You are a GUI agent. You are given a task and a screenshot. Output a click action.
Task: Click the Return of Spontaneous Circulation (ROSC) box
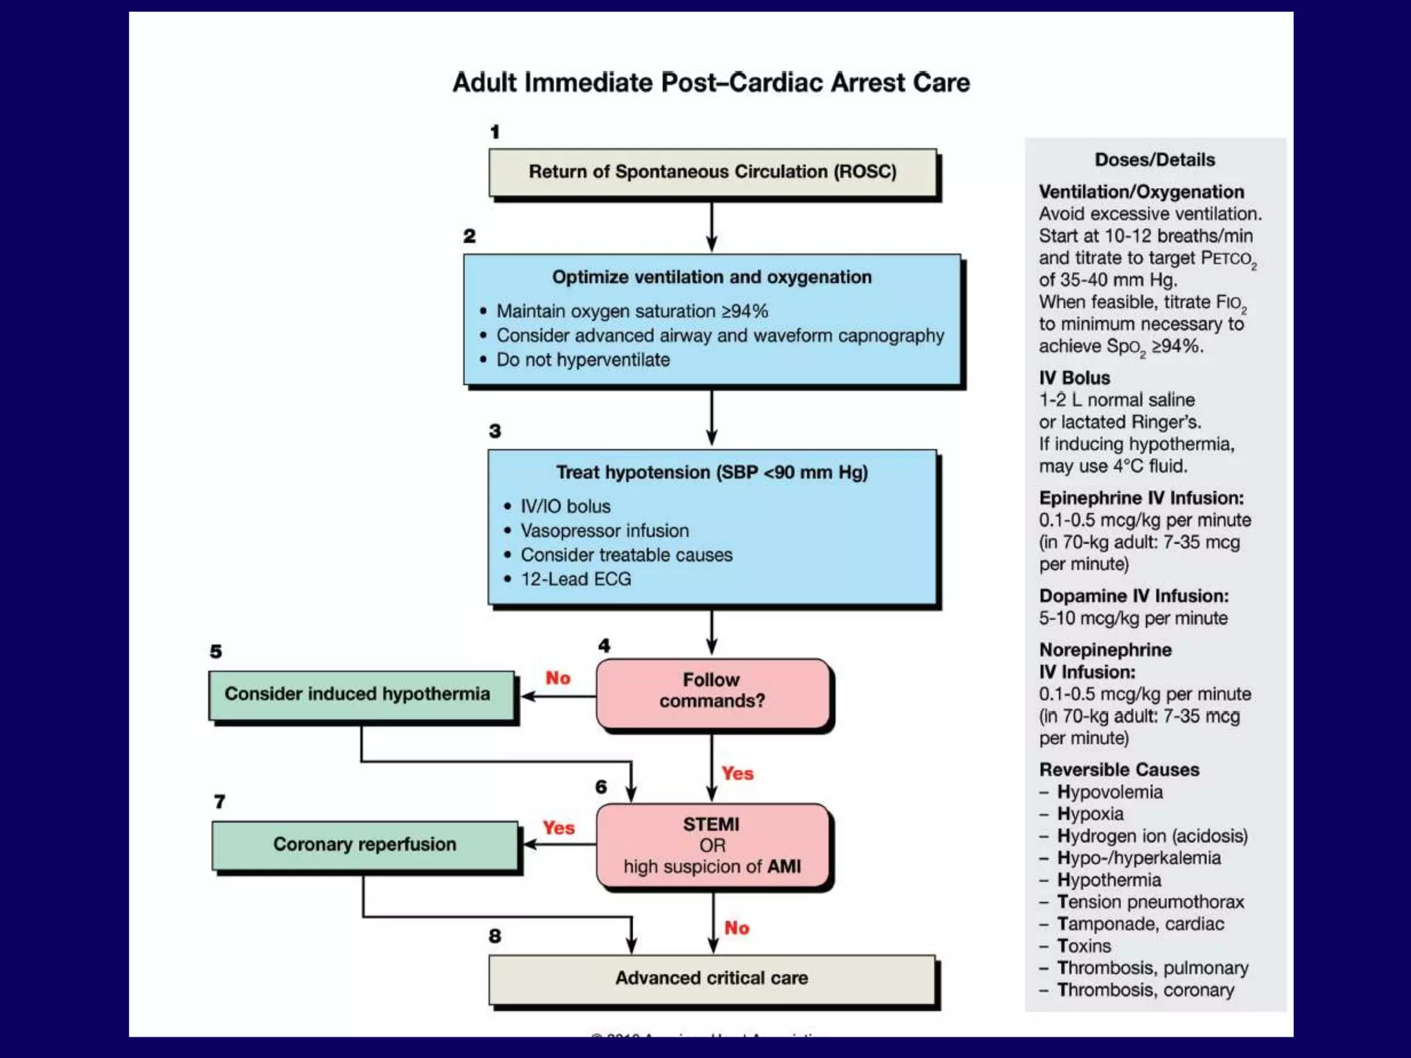712,172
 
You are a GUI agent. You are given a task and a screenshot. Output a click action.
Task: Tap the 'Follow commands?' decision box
712,692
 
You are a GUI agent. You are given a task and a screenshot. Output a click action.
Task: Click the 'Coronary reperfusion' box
364,844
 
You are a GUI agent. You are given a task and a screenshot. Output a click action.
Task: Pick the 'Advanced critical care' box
712,978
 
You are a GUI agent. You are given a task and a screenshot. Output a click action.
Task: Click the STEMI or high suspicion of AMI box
712,846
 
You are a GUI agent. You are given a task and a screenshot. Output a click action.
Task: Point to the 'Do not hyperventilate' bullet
582,360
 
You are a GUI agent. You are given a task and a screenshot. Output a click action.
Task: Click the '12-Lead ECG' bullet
575,579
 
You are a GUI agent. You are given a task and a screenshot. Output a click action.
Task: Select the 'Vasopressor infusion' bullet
604,531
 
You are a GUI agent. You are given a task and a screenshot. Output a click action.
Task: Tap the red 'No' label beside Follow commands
557,678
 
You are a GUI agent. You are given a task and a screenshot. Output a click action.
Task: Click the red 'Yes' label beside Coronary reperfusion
558,828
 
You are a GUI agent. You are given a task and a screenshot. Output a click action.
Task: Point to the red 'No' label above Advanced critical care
737,929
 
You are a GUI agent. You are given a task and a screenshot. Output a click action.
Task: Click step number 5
216,652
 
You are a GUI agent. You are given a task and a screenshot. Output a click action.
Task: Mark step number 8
495,936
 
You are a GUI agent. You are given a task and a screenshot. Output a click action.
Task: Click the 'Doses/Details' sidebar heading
1155,160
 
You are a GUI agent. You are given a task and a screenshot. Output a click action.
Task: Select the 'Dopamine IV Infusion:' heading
1133,597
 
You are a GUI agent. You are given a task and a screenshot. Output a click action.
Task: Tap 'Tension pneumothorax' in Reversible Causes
1150,902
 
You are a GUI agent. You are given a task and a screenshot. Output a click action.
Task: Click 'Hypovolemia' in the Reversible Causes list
1109,792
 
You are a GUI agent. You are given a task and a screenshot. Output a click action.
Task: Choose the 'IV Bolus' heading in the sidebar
1074,378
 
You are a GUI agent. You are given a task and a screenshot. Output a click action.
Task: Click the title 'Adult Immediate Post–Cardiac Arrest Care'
711,83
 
